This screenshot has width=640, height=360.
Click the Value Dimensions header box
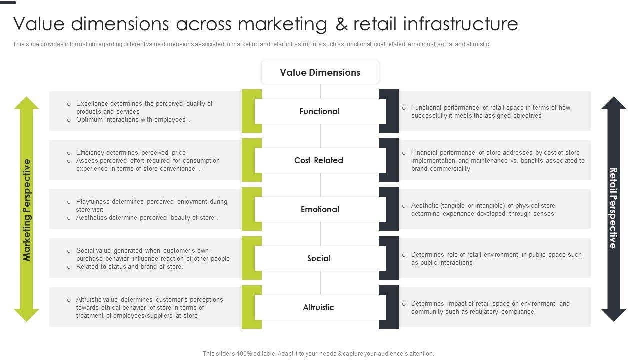tap(320, 73)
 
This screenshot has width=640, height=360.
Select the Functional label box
tap(320, 112)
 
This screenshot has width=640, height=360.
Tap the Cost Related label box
tap(319, 161)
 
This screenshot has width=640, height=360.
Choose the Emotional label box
tap(320, 210)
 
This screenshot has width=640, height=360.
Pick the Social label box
tap(319, 259)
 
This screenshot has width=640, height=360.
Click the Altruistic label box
tap(318, 308)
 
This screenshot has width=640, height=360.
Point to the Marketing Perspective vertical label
tap(27, 210)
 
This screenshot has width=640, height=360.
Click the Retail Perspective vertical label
tap(613, 208)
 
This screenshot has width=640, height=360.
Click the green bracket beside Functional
tap(251, 111)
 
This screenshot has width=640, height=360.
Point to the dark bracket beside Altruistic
tap(389, 307)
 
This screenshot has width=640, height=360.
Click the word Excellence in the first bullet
tap(92, 104)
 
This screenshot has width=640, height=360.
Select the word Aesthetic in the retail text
tap(424, 206)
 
